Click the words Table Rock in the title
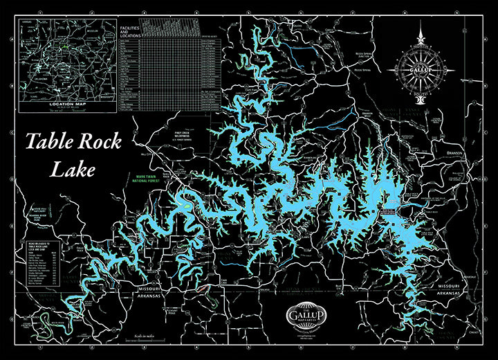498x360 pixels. tap(74, 143)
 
